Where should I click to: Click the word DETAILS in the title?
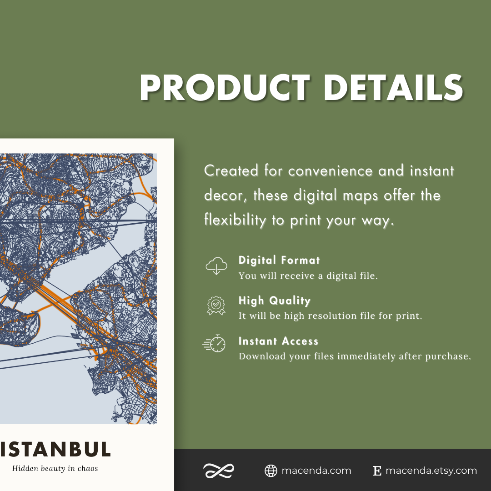click(393, 87)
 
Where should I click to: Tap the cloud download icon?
click(216, 266)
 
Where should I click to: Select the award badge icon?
click(216, 306)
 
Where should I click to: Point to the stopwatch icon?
click(215, 345)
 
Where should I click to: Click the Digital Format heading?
click(279, 261)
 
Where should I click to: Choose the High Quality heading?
click(275, 301)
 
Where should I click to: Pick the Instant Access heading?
click(278, 341)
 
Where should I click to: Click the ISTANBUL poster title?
click(55, 449)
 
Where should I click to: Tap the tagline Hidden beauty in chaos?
click(55, 468)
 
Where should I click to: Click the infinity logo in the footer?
click(219, 471)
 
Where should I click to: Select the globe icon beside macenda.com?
click(271, 471)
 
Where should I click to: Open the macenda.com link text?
click(316, 471)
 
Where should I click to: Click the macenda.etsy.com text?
click(431, 471)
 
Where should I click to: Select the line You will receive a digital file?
click(308, 276)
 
